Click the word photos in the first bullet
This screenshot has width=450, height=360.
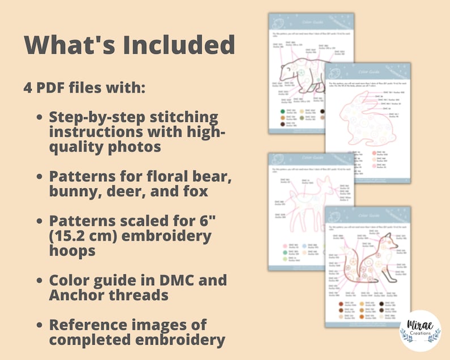tap(133, 147)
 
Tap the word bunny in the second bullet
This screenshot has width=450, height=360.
tap(75, 191)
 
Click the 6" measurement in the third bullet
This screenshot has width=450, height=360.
tap(209, 220)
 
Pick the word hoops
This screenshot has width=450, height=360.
tap(73, 250)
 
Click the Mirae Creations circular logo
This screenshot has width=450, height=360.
tap(420, 331)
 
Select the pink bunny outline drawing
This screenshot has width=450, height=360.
tap(363, 128)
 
